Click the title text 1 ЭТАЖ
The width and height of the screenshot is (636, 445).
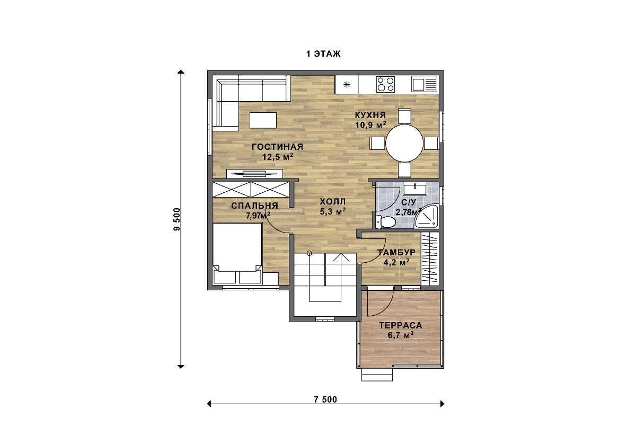(x=323, y=54)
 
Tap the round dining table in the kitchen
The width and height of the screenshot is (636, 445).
(x=404, y=143)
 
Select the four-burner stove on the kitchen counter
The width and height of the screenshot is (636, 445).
(x=385, y=84)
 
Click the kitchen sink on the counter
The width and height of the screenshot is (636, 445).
(x=424, y=84)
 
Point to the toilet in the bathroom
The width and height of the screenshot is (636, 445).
(x=385, y=221)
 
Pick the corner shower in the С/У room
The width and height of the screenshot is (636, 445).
(x=427, y=216)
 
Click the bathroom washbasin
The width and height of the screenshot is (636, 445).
(x=415, y=189)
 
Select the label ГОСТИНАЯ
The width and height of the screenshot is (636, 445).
(x=277, y=147)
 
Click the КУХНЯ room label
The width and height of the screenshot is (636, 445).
(x=370, y=115)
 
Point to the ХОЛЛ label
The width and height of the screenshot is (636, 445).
(x=332, y=201)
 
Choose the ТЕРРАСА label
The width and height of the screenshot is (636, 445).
(x=400, y=325)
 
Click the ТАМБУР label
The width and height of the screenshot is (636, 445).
(x=396, y=252)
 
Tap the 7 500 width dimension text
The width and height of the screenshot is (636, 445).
(x=325, y=399)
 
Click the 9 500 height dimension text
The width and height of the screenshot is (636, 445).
(x=177, y=219)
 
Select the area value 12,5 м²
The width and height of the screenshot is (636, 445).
(x=277, y=157)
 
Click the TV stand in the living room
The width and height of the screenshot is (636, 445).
(x=254, y=173)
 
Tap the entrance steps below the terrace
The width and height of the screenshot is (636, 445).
(x=377, y=375)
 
